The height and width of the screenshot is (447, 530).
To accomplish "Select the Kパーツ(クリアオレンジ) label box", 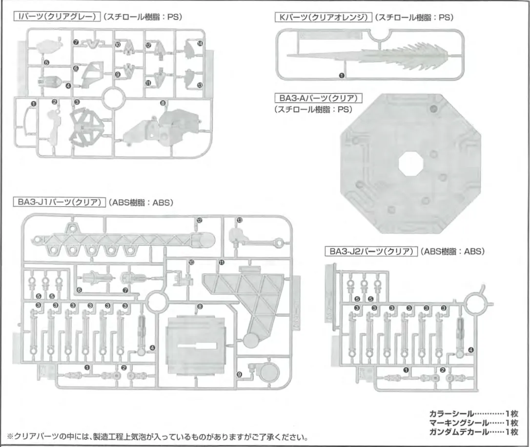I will (x=324, y=18).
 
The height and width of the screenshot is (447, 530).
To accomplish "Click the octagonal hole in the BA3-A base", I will (x=410, y=165).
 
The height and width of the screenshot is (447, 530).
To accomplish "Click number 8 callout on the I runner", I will (x=163, y=103).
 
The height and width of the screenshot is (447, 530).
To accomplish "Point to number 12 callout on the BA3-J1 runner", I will (x=199, y=221).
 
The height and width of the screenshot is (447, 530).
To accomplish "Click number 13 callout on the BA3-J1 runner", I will (x=239, y=221).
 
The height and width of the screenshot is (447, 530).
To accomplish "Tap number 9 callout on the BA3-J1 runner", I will (x=239, y=374).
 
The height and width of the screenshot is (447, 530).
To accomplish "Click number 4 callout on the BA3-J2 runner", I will (x=470, y=350).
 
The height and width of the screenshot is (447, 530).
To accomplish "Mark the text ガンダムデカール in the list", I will (x=454, y=431).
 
